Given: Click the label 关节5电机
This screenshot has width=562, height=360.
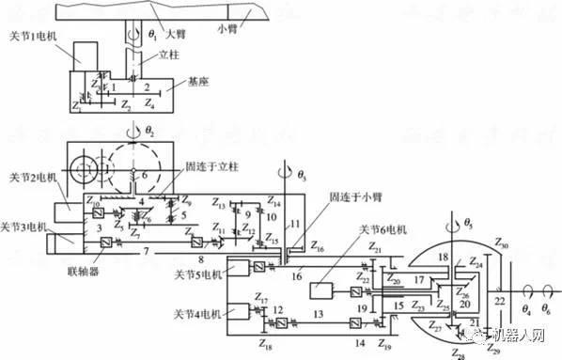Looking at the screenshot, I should coord(199,274).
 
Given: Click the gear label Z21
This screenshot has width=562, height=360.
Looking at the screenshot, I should coord(377,247).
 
